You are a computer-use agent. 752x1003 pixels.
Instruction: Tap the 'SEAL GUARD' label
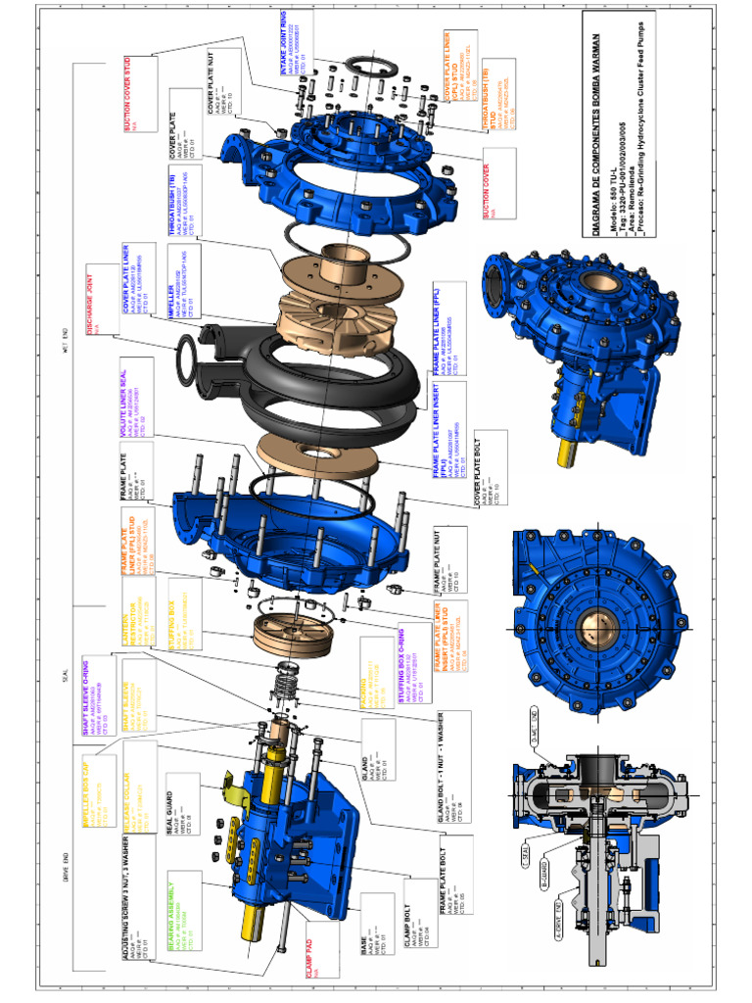(x=170, y=809)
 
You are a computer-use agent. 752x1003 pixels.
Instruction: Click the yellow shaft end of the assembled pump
(x=569, y=452)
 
